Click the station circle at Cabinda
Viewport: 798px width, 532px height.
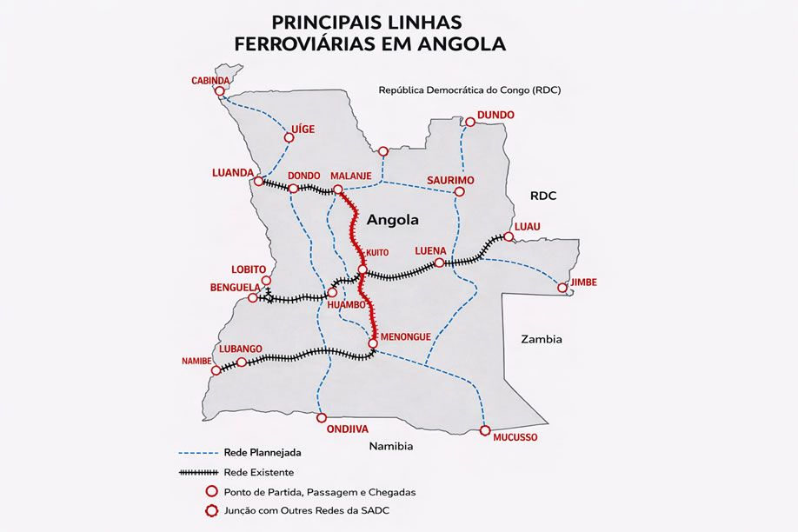pos(220,90)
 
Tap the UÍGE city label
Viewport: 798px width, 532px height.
pos(303,129)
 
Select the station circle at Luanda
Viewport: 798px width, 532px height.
pos(258,182)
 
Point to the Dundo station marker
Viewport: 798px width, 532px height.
pos(469,123)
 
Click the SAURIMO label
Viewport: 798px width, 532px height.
pos(450,180)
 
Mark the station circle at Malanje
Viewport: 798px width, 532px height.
pos(338,190)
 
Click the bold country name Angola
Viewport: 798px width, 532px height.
pos(393,220)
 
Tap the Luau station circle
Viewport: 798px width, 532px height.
pos(509,236)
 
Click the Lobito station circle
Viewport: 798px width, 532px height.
pos(267,281)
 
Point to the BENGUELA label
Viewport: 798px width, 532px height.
pos(236,287)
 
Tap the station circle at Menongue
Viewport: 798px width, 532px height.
pos(373,344)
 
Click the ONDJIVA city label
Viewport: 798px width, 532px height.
pos(348,429)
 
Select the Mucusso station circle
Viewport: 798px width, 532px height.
pos(485,430)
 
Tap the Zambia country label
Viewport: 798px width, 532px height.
pos(541,339)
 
